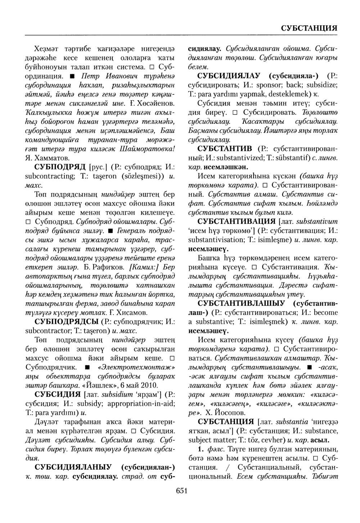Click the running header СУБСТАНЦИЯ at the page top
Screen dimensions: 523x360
coord(308,28)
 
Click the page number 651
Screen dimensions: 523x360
coord(181,491)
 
